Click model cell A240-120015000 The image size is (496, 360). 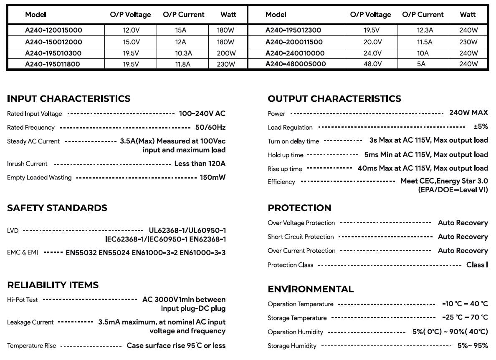click(x=53, y=30)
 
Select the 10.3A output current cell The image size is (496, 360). click(x=183, y=53)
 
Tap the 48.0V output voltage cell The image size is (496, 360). click(x=372, y=64)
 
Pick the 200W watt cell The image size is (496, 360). click(x=226, y=53)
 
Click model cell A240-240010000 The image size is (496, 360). click(x=295, y=53)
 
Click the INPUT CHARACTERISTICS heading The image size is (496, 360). click(x=69, y=99)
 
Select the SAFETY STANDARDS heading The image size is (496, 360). click(x=57, y=208)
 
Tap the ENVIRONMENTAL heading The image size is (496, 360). click(x=311, y=289)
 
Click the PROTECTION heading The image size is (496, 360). click(x=299, y=208)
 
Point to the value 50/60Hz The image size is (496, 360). click(x=210, y=127)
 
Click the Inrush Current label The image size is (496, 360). click(x=27, y=164)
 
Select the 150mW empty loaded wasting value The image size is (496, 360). click(x=213, y=177)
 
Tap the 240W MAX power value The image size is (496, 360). click(x=468, y=113)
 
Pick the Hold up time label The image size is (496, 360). click(x=286, y=155)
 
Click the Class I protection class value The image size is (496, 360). click(x=477, y=265)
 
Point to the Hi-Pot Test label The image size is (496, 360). click(x=23, y=300)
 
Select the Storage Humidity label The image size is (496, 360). click(x=292, y=346)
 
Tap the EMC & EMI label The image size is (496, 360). click(x=23, y=252)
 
